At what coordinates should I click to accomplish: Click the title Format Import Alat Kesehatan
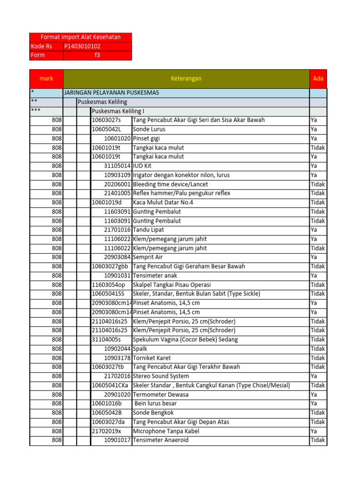point(81,37)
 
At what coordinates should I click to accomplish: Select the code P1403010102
point(82,46)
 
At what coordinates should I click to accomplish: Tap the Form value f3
point(98,55)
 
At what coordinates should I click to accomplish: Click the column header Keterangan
point(186,79)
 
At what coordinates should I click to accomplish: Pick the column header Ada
point(318,79)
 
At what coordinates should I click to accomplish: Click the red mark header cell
point(46,79)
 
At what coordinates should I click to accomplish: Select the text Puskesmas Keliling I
point(118,111)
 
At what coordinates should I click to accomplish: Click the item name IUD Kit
point(144,166)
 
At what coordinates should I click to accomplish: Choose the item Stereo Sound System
point(161,376)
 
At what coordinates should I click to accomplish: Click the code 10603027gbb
point(110,266)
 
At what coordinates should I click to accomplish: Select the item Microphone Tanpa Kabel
point(166,431)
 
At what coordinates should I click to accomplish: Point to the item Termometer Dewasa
point(160,394)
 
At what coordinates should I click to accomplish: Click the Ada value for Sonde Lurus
point(314,129)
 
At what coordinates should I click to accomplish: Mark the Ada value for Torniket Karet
point(318,358)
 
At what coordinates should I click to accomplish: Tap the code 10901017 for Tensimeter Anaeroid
point(117,440)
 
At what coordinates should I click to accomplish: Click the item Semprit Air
point(148,257)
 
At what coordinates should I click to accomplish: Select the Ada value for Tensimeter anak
point(314,275)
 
